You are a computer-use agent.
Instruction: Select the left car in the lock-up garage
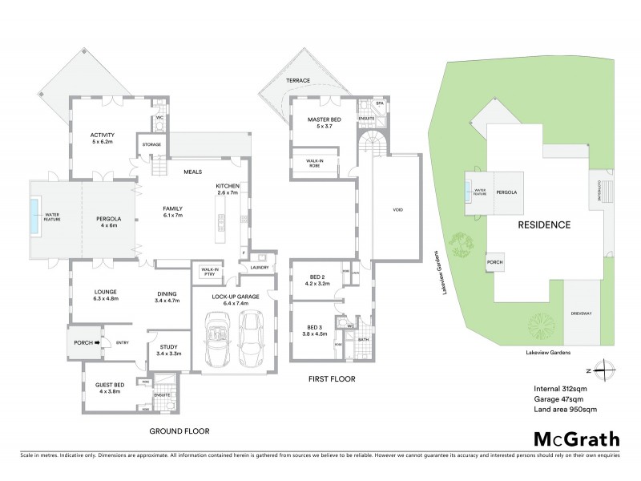[x=217, y=338]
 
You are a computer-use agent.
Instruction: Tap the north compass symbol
[x=607, y=370]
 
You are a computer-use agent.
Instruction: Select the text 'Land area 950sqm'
[x=565, y=409]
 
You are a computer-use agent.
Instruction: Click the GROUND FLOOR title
[x=179, y=430]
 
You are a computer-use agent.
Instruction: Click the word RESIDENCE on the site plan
[x=543, y=225]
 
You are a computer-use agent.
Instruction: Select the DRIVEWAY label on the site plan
[x=581, y=313]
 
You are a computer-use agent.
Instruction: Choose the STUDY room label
[x=167, y=347]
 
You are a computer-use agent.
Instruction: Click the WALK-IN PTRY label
[x=211, y=272]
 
